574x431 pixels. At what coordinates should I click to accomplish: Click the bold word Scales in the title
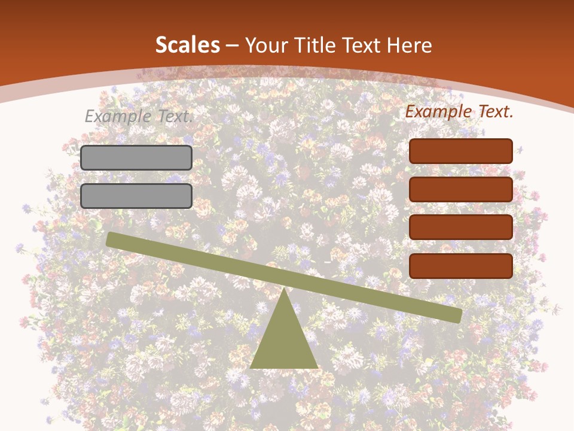pos(188,45)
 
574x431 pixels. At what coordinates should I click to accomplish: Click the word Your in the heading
pos(267,45)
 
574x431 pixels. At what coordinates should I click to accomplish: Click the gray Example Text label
pos(139,117)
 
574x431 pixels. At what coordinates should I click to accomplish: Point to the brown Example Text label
pos(459,111)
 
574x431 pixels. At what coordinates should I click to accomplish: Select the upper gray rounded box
pos(136,157)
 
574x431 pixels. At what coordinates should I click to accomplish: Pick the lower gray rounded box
pos(136,196)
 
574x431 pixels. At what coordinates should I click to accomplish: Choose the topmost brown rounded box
pos(461,151)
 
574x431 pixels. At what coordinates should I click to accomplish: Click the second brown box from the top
pos(461,189)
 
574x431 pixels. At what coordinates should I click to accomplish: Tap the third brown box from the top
pos(461,227)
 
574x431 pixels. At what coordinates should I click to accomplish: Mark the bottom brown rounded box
pos(461,266)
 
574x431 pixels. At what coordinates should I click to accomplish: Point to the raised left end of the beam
pos(111,239)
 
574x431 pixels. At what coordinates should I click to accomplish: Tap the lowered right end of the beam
pos(457,315)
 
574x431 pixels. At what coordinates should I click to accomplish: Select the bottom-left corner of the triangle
pos(252,367)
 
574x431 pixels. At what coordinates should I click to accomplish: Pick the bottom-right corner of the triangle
pos(317,367)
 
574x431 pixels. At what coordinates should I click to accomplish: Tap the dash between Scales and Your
pos(232,45)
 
